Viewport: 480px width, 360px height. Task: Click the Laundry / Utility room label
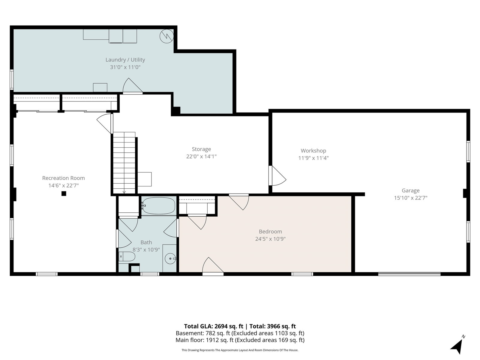[x=125, y=60]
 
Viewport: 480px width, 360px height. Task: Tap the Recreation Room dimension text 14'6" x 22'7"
[x=63, y=186]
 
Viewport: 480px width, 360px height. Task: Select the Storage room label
[x=201, y=149]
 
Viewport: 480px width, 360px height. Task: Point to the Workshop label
[x=313, y=151]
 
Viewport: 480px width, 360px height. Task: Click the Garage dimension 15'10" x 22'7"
[x=411, y=198]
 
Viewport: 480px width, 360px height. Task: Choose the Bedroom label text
[x=270, y=232]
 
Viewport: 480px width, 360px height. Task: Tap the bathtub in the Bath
[x=159, y=206]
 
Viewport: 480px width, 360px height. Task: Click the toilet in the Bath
[x=127, y=256]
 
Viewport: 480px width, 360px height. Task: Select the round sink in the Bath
[x=170, y=259]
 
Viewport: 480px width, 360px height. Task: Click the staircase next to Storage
[x=124, y=163]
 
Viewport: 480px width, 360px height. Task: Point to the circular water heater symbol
[x=166, y=36]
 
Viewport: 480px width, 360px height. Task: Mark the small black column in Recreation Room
[x=64, y=193]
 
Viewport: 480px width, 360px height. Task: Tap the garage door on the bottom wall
[x=409, y=274]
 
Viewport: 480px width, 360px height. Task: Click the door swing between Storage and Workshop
[x=277, y=176]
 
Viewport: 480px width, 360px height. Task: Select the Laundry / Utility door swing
[x=133, y=86]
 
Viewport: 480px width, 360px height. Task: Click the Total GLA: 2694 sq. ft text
[x=213, y=326]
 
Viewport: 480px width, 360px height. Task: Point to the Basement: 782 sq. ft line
[x=240, y=333]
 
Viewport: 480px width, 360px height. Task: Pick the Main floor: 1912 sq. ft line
[x=240, y=340]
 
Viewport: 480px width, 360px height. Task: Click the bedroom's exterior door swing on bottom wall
[x=213, y=265]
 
